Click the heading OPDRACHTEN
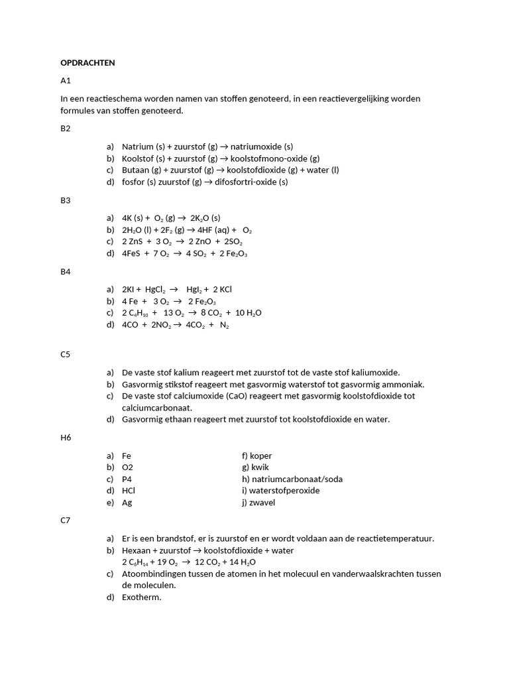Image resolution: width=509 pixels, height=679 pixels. [87, 63]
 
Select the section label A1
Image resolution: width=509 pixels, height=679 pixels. [65, 81]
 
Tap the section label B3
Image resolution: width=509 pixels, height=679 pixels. [65, 200]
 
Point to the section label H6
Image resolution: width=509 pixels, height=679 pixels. [66, 438]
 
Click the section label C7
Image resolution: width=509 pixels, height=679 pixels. [65, 521]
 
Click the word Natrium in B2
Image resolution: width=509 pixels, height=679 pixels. [137, 147]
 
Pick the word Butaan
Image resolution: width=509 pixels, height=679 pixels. [136, 170]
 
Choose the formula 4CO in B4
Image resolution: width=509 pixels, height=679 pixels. [131, 326]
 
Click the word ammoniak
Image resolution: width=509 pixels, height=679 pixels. [402, 385]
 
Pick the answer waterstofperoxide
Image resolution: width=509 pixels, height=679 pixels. [281, 491]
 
